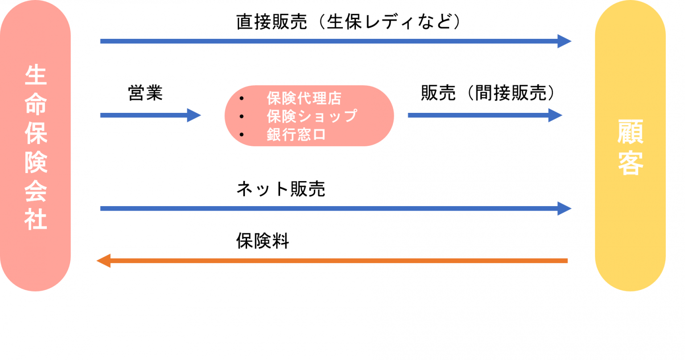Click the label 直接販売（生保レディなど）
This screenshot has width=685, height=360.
pyautogui.click(x=349, y=22)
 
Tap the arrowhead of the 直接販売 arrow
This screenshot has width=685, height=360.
pyautogui.click(x=564, y=41)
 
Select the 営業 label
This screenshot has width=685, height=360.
pyautogui.click(x=145, y=93)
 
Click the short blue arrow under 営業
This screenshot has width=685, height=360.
pyautogui.click(x=150, y=115)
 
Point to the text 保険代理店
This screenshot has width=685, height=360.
pyautogui.click(x=304, y=98)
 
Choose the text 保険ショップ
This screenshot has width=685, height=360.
pyautogui.click(x=312, y=116)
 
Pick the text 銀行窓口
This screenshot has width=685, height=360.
pyautogui.click(x=296, y=134)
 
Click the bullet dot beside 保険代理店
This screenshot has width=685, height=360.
pyautogui.click(x=242, y=98)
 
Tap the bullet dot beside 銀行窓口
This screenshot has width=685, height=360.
pyautogui.click(x=242, y=135)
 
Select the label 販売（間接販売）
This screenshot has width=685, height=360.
pyautogui.click(x=488, y=93)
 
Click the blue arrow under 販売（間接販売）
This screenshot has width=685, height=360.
pyautogui.click(x=485, y=115)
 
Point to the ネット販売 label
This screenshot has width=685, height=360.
pyautogui.click(x=281, y=189)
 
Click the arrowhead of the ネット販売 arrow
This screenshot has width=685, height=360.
pyautogui.click(x=564, y=209)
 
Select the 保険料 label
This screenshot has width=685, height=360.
pyautogui.click(x=263, y=241)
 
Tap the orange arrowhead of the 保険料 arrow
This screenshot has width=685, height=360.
pyautogui.click(x=103, y=261)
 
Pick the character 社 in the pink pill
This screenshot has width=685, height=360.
pyautogui.click(x=36, y=219)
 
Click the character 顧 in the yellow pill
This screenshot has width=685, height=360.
pyautogui.click(x=631, y=132)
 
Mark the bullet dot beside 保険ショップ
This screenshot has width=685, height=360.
pyautogui.click(x=242, y=116)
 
